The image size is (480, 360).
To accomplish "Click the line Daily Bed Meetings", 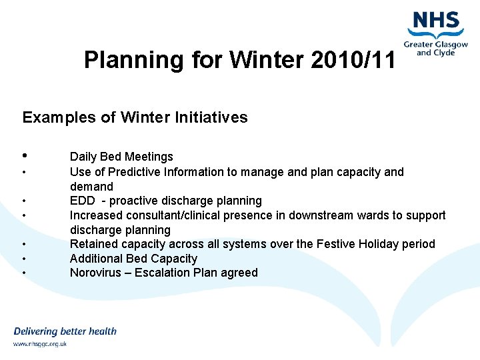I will pos(121,157).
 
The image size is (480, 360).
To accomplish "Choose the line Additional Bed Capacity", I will pos(133,259).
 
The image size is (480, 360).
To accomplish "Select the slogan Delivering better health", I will pos(65,331).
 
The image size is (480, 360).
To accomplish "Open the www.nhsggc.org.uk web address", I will pos(40,344).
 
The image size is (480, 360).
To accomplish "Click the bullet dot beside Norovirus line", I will pos(24,273).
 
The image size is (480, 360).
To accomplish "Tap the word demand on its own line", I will pos(91,187).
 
